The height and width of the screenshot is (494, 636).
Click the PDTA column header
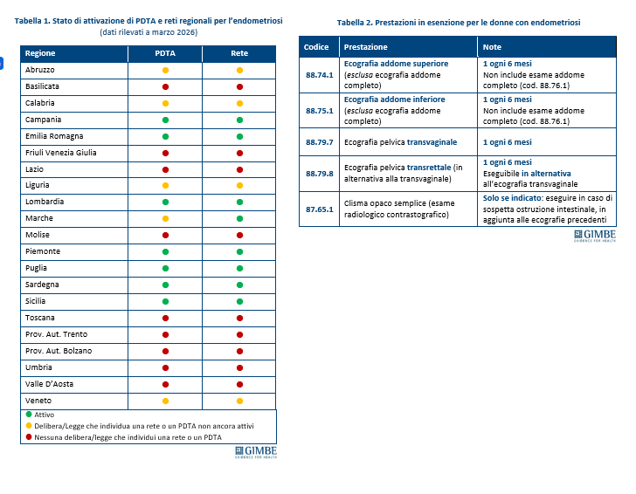click(165, 53)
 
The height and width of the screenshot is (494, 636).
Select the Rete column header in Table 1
click(239, 53)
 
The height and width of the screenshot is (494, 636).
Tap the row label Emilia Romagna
click(54, 136)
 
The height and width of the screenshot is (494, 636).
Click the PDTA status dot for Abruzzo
click(165, 70)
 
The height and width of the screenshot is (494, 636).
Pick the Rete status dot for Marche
click(239, 218)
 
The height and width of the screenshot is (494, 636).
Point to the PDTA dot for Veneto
click(165, 401)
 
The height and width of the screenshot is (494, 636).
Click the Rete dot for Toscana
click(239, 318)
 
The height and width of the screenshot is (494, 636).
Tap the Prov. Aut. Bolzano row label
click(59, 351)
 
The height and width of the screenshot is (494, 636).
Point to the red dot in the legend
click(29, 436)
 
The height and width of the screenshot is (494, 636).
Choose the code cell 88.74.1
click(320, 75)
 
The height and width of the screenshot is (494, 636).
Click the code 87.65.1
click(320, 209)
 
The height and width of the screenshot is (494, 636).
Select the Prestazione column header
click(366, 46)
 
